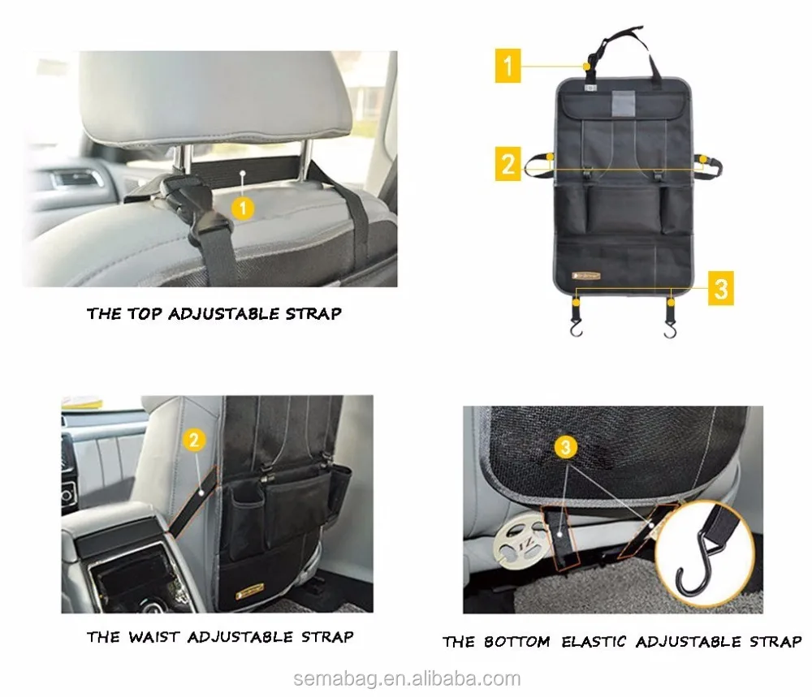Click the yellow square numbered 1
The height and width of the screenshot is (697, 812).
pos(508,66)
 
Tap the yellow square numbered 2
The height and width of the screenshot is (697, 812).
pos(508,165)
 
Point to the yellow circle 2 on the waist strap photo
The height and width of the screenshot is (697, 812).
pos(193,441)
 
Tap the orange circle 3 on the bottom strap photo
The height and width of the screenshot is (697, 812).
pos(568,446)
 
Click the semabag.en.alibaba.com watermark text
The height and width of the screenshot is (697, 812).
pos(406,678)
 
